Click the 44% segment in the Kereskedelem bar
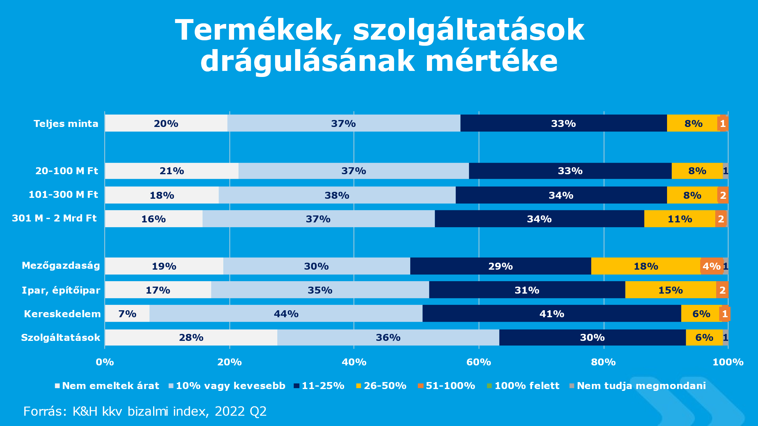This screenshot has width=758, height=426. tap(286, 314)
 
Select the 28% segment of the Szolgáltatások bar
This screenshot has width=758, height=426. tap(191, 337)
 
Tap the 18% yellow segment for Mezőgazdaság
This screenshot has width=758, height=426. tap(646, 266)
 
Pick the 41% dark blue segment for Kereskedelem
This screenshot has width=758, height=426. tap(552, 314)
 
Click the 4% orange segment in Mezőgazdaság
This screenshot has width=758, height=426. tap(711, 266)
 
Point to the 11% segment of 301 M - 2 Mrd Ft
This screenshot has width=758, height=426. tap(680, 219)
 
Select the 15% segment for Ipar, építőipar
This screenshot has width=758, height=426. tap(670, 290)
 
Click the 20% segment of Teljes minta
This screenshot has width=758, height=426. tap(166, 123)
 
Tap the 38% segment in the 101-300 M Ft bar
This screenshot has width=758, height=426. tap(337, 195)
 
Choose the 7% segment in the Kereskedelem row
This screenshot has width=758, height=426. tap(127, 314)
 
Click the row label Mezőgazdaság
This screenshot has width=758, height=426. tap(61, 265)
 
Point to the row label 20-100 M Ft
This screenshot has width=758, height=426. tap(67, 171)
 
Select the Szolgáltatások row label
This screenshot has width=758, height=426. tap(61, 337)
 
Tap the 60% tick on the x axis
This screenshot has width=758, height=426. tap(478, 362)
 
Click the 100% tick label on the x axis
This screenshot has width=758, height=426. tap(728, 362)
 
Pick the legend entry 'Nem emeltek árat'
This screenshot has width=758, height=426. tap(110, 386)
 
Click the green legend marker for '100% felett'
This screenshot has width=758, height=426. tap(489, 386)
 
